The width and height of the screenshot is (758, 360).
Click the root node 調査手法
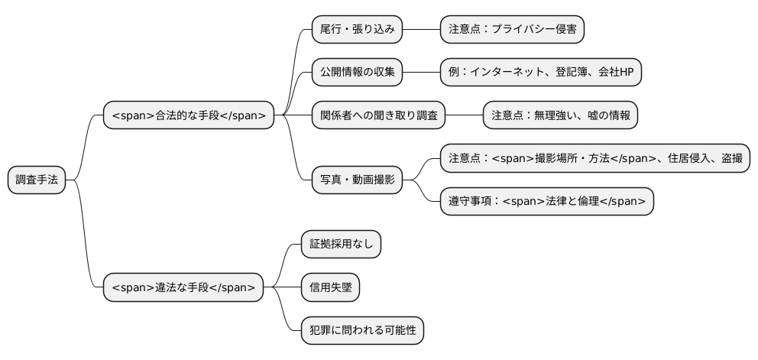point(37,180)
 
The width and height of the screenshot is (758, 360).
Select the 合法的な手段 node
point(189,116)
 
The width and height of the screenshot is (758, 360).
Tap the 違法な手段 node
point(183,288)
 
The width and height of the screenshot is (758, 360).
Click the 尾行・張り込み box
point(356,30)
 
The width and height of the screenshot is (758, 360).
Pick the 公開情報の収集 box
point(356,73)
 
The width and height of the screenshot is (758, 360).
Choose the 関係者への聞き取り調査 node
point(378,116)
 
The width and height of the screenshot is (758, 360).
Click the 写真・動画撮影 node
point(357,180)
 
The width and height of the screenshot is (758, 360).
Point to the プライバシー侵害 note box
point(512,30)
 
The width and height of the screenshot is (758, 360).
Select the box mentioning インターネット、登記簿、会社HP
point(541,73)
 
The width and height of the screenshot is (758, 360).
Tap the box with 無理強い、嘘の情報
point(560,116)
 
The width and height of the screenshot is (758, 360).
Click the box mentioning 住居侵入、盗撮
point(595,159)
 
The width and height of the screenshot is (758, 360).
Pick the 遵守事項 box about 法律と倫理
point(547,202)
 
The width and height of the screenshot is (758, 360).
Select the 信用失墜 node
point(330,288)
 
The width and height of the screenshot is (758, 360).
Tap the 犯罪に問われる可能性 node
point(362,331)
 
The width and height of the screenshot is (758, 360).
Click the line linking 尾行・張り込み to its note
point(420,30)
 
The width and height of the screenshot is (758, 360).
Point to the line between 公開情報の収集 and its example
point(420,73)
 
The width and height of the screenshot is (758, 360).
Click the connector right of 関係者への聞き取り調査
point(464,116)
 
